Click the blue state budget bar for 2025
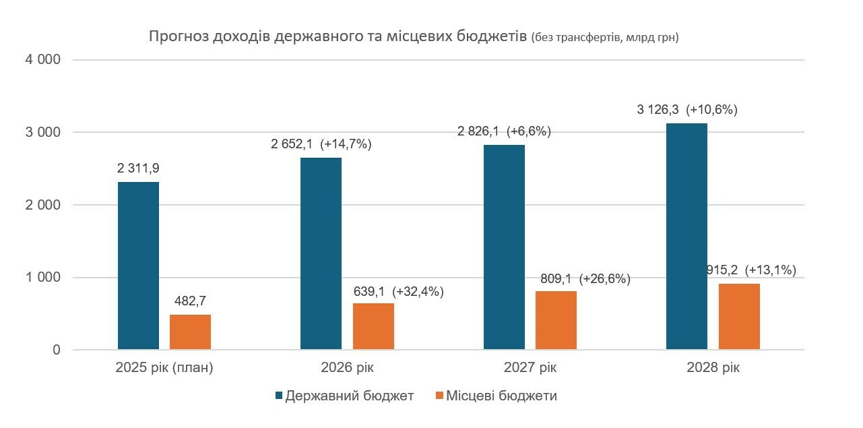(138, 266)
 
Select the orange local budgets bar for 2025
(190, 332)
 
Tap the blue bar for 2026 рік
(321, 253)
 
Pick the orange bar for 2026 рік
(373, 326)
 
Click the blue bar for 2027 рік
(504, 247)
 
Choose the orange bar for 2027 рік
(556, 320)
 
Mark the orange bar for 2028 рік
(739, 316)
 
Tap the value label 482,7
(190, 301)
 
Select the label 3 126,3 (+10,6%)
(687, 110)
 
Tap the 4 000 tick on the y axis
(42, 60)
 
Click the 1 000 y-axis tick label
(42, 278)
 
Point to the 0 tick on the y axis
(56, 350)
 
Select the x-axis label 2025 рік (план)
(164, 369)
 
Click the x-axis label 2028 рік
(713, 369)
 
